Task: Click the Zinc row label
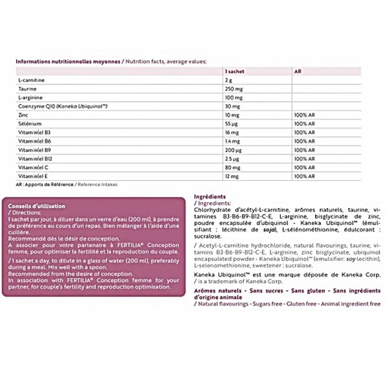(22, 115)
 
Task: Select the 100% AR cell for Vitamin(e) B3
(304, 133)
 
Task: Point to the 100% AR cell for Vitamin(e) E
(304, 177)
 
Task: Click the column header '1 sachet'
(234, 71)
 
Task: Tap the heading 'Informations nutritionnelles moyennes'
(67, 61)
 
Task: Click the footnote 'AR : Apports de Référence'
(45, 185)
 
